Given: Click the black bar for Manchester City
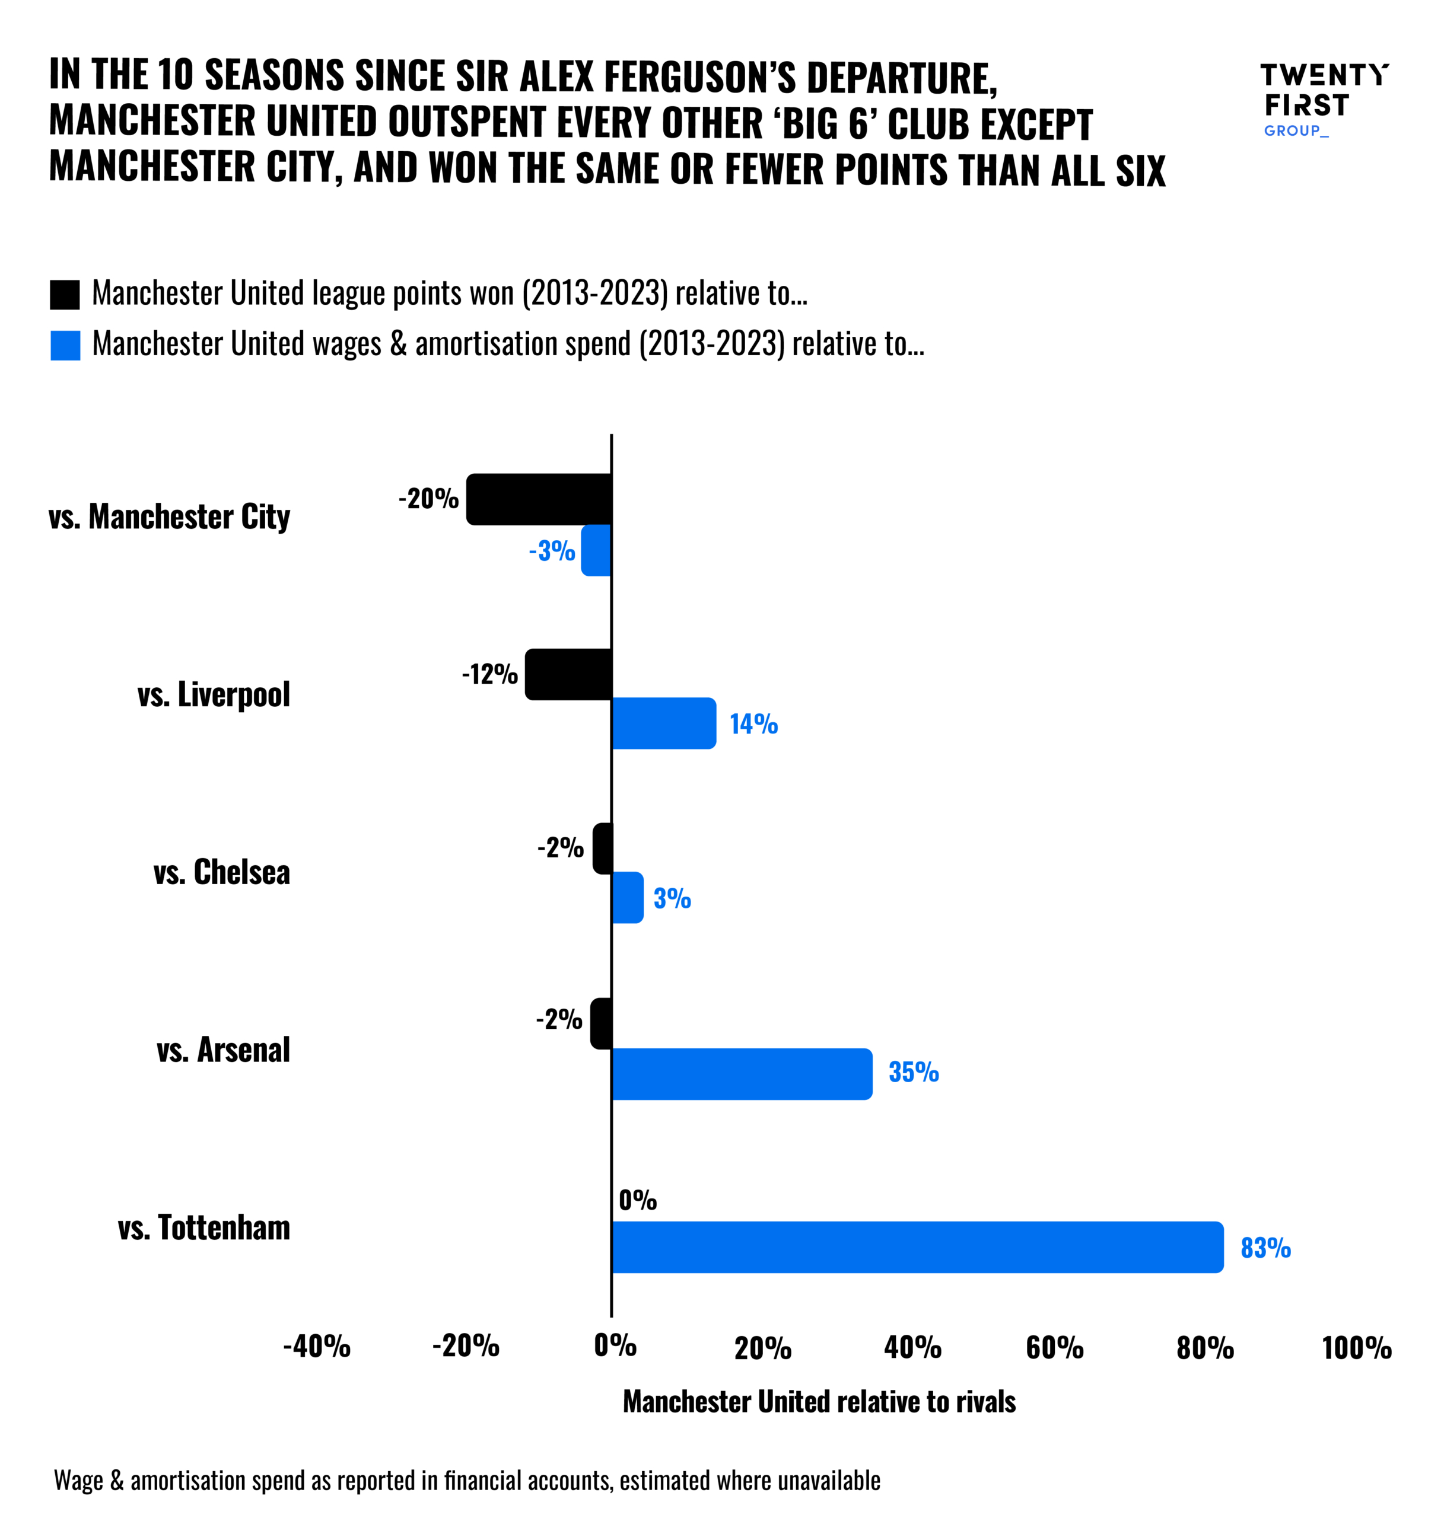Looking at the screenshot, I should point(539,499).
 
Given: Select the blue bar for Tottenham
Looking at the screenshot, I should point(916,1246).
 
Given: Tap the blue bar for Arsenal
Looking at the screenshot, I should point(742,1073).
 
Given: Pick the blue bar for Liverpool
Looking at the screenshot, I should point(663,723).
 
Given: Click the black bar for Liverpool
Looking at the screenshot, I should point(569,674).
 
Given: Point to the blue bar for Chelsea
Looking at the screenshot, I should point(627,897).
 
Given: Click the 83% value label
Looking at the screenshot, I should point(1265,1247).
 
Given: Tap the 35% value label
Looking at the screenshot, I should point(914,1071).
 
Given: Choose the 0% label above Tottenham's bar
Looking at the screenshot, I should point(637,1200).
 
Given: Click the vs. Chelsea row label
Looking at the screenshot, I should point(222,872).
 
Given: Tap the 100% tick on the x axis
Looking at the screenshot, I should point(1356,1347).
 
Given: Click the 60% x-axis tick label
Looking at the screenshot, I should point(1054,1347).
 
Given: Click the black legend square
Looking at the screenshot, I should point(65,295).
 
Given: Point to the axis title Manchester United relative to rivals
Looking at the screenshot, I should point(819,1402).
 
